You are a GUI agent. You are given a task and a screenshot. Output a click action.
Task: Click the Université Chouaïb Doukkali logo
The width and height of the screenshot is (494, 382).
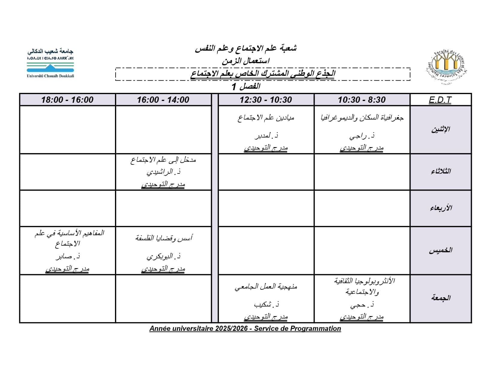click(x=50, y=63)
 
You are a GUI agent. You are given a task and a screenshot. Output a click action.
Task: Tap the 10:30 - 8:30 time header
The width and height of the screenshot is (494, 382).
click(x=362, y=100)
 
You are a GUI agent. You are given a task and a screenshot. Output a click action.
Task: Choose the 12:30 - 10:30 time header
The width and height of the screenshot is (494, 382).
click(x=266, y=100)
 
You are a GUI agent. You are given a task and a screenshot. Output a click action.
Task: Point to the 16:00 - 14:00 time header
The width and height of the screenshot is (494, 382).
click(x=163, y=100)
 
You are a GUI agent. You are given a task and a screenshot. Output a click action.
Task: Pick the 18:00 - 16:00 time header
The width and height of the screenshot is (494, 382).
click(x=67, y=100)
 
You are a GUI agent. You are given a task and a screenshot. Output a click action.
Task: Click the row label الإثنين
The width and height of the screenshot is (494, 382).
click(x=440, y=130)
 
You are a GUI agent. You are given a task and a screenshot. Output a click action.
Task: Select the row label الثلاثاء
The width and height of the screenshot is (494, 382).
click(x=441, y=172)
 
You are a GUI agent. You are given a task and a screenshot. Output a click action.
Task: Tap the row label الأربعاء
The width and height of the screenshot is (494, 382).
click(x=441, y=208)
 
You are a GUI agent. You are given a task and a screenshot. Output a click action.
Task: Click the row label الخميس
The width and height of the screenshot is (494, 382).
click(x=440, y=250)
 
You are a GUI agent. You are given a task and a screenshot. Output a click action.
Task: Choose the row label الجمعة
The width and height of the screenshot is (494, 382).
click(x=441, y=298)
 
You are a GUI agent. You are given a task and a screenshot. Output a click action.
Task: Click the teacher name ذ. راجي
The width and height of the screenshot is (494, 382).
click(x=362, y=136)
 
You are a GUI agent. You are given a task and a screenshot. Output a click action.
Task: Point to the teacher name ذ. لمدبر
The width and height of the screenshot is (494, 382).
click(x=266, y=136)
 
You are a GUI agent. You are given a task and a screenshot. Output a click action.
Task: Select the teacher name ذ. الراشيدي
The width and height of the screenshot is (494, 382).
click(x=163, y=172)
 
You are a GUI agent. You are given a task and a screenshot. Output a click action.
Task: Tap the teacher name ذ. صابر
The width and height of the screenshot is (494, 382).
click(x=68, y=256)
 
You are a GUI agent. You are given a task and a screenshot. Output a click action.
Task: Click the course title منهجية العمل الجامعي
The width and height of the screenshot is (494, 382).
click(x=266, y=287)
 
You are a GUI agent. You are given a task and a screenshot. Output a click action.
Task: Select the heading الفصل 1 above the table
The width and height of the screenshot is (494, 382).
click(x=246, y=87)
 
